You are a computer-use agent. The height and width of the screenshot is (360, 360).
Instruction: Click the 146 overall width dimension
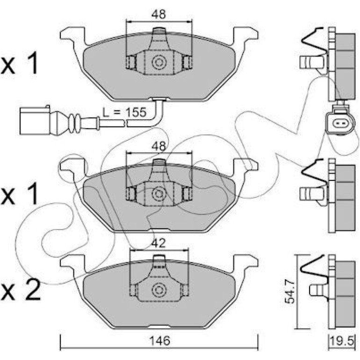160,341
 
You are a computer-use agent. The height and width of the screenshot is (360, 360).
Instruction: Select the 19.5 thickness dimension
342,341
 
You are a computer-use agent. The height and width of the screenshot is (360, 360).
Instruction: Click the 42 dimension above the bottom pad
158,243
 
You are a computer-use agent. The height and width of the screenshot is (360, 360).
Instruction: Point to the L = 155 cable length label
124,113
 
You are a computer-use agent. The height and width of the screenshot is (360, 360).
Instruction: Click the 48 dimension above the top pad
158,14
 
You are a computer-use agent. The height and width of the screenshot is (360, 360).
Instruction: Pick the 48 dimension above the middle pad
158,146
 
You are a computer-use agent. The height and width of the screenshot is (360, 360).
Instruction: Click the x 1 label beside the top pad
19,63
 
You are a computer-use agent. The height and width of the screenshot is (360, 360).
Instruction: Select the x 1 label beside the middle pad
19,194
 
